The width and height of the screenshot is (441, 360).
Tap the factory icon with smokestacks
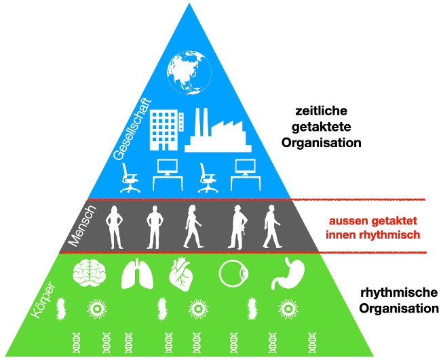tap(217, 130)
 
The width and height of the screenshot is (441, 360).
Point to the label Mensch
tap(83, 226)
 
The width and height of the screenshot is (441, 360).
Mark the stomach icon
tap(282, 274)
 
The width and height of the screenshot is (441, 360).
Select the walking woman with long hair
tap(193, 226)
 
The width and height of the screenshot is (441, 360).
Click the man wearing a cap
tap(237, 226)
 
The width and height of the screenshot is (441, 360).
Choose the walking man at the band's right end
tap(271, 226)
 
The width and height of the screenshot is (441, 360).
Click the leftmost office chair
tap(130, 178)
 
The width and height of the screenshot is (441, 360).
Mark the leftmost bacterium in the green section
tap(60, 309)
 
